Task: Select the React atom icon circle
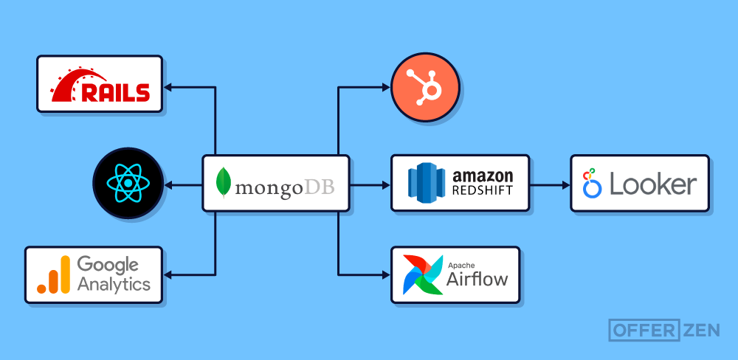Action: pyautogui.click(x=128, y=184)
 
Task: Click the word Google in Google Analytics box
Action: pyautogui.click(x=108, y=265)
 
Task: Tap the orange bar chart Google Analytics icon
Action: pyautogui.click(x=54, y=274)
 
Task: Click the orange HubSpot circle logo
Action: pyautogui.click(x=425, y=88)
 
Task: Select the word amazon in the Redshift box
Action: pyautogui.click(x=482, y=176)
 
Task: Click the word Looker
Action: pyautogui.click(x=652, y=184)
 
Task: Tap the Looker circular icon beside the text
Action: pyautogui.click(x=592, y=184)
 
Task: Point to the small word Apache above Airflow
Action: pyautogui.click(x=462, y=264)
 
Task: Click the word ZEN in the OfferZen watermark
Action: pyautogui.click(x=700, y=330)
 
